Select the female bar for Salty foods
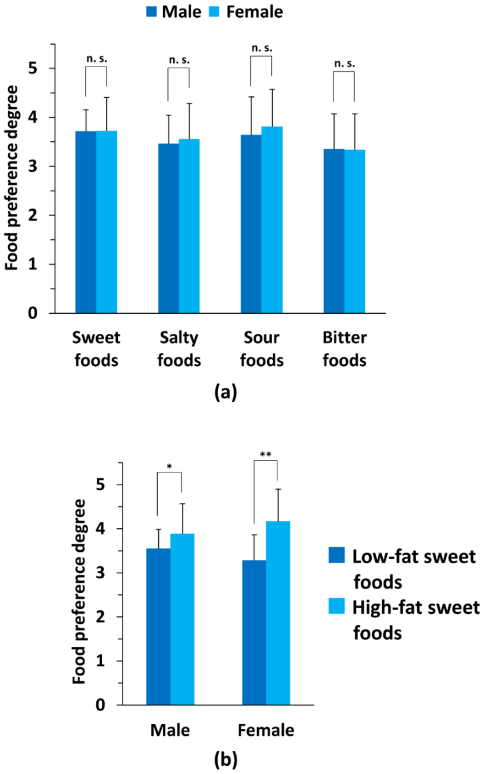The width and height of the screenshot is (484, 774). (189, 226)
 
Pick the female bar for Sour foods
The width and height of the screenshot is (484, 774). (272, 220)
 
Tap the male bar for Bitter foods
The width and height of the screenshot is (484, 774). (334, 231)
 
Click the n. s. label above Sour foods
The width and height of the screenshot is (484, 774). (262, 48)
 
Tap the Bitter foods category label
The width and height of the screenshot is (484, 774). (344, 349)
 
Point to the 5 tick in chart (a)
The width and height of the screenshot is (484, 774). (33, 68)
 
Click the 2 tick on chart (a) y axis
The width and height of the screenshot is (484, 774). (33, 215)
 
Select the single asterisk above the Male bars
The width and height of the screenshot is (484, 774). (169, 466)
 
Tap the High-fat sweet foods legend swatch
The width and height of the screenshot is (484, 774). (336, 606)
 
